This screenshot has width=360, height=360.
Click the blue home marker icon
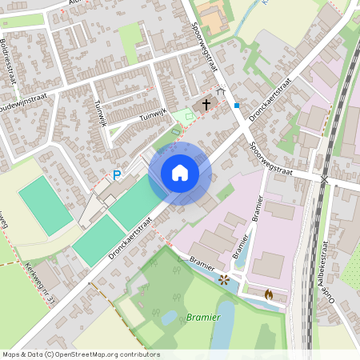(x=180, y=173)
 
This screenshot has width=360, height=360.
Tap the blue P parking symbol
(x=117, y=175)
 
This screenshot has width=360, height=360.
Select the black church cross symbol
(x=206, y=104)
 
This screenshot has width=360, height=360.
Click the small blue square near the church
(x=237, y=105)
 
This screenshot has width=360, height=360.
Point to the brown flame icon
(x=268, y=294)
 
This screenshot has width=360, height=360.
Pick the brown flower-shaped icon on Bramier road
(x=224, y=279)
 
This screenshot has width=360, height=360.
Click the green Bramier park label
(x=202, y=318)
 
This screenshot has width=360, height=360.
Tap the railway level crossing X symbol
(x=324, y=179)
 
